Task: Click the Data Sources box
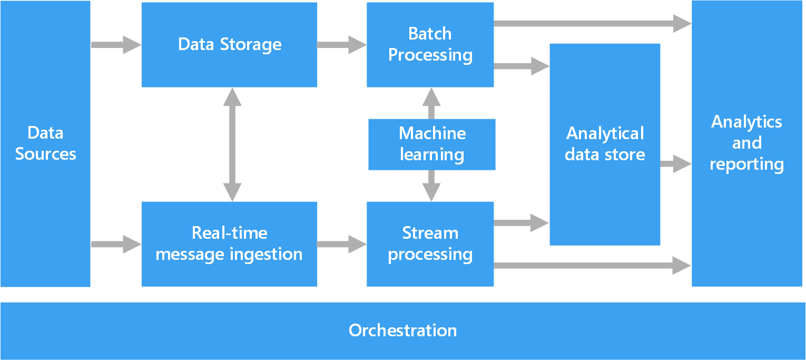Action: (x=45, y=143)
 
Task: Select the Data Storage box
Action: (x=229, y=44)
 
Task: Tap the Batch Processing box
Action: (x=430, y=44)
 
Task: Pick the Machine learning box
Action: (x=431, y=144)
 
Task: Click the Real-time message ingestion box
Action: (x=229, y=244)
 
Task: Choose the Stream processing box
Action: (x=430, y=244)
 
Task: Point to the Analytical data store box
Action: (x=605, y=144)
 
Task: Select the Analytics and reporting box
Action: (x=746, y=143)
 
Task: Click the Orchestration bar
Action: (x=402, y=330)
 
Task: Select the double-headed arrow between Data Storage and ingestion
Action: (x=232, y=144)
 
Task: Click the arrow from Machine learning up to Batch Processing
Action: (x=431, y=103)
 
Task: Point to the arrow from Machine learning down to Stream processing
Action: (x=431, y=186)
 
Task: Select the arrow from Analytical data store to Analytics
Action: (x=675, y=164)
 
